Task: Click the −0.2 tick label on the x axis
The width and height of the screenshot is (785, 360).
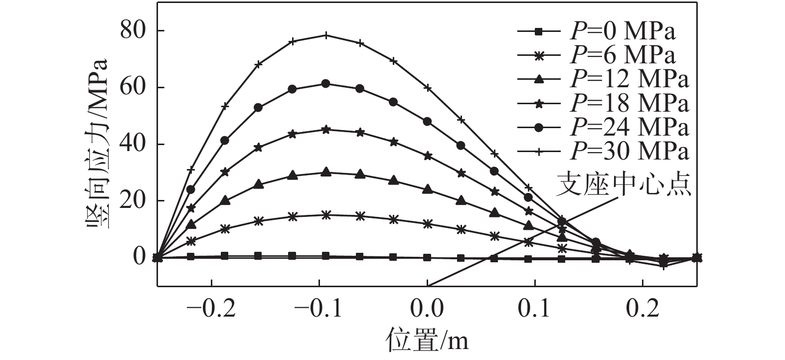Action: [x=211, y=309]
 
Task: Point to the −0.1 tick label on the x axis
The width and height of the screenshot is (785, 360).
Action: [x=319, y=309]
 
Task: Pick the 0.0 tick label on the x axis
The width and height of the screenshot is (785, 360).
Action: [x=427, y=309]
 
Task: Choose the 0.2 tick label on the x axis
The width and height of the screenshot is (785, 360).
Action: [x=642, y=309]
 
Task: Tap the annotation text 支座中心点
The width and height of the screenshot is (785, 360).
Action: [x=623, y=184]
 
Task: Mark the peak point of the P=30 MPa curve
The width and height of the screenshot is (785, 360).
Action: [x=326, y=35]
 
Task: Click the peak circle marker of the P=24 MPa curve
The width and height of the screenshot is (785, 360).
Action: [x=326, y=84]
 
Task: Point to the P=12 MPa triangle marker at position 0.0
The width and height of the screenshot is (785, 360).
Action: [x=427, y=189]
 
